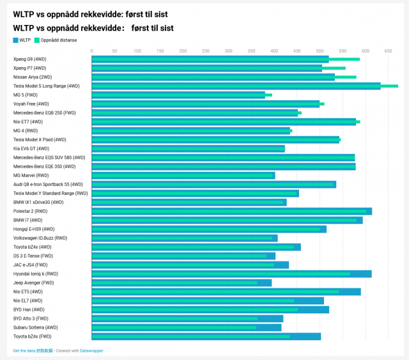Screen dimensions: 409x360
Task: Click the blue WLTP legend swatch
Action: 15,40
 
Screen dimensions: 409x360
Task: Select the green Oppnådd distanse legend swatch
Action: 37,40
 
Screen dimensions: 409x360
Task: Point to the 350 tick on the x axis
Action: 251,51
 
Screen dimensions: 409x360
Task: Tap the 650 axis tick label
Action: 388,51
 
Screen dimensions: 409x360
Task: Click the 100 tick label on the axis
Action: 137,51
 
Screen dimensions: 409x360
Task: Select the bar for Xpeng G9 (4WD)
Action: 226,59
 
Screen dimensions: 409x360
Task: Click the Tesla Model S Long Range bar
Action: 245,86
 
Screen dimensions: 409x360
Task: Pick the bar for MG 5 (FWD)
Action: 181,95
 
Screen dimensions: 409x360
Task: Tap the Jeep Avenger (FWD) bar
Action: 181,283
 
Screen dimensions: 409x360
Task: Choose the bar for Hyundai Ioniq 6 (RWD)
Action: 231,274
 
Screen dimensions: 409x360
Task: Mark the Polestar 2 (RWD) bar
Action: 232,211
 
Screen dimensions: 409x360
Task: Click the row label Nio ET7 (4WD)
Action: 28,122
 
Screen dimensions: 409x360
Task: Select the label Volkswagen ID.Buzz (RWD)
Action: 40,238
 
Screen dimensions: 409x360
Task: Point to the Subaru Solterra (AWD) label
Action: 36,327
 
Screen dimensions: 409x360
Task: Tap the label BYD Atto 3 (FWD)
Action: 31,318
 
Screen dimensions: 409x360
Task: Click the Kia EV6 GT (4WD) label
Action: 31,148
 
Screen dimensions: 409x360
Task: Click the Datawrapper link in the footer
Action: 91,350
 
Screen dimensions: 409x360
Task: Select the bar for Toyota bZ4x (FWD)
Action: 206,336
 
